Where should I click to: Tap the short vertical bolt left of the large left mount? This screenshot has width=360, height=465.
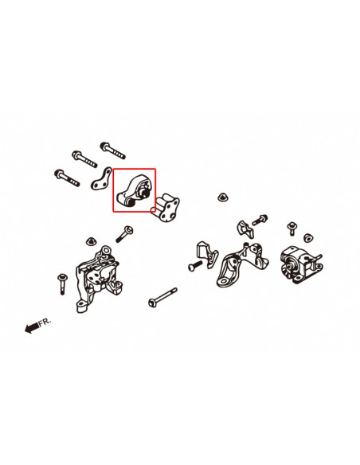pos(61,282)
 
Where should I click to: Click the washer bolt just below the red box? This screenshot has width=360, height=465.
pos(123,234)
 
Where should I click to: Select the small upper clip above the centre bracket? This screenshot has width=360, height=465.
pos(246,227)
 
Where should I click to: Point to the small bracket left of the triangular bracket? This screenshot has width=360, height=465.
pos(208,253)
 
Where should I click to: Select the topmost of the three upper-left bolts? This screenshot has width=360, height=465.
pos(110,149)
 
